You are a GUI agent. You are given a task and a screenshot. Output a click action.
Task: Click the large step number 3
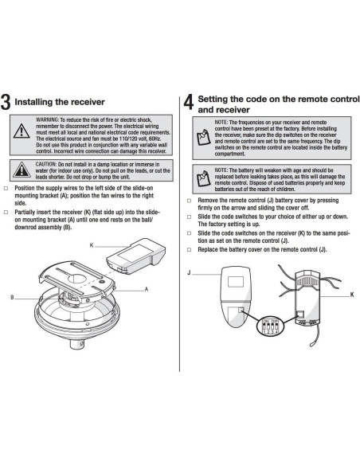point(6,103)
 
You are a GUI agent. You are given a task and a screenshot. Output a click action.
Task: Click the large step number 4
point(188,103)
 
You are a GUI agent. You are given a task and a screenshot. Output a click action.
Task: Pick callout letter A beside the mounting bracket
point(147,290)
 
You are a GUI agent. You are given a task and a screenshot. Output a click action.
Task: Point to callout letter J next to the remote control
point(188,272)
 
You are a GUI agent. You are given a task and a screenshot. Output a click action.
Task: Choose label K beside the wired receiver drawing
point(351,294)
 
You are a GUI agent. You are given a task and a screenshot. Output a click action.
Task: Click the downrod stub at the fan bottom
point(80,345)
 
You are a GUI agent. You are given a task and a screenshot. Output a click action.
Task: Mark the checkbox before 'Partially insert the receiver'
point(6,213)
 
